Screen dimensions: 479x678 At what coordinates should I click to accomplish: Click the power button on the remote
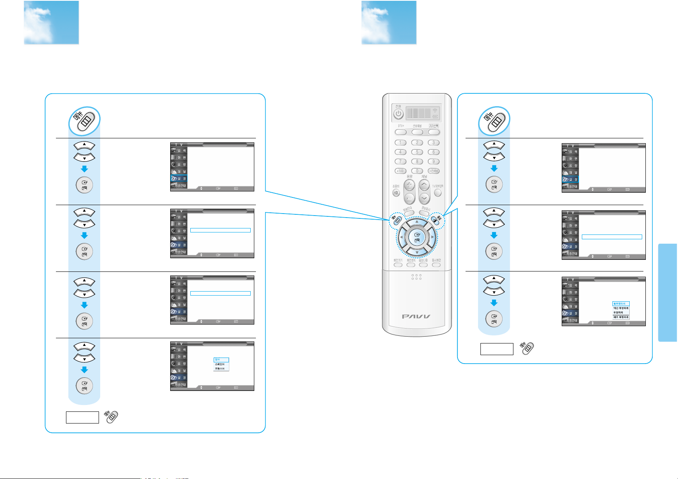tap(398, 114)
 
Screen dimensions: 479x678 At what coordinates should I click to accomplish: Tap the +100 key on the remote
tap(400, 171)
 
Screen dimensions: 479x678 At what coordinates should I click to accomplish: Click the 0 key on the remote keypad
tap(417, 171)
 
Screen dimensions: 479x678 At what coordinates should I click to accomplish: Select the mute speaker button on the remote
tap(396, 193)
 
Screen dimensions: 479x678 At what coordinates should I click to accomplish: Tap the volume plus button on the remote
tap(409, 185)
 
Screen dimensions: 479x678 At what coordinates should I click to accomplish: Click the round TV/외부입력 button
tap(438, 193)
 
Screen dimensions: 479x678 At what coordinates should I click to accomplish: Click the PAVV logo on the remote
tap(416, 317)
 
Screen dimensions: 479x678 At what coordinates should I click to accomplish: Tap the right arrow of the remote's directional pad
tap(433, 237)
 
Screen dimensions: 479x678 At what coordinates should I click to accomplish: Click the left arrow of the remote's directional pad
tap(401, 237)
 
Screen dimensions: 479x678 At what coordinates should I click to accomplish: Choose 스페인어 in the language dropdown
tap(221, 364)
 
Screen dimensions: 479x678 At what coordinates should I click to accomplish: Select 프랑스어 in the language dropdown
tap(221, 368)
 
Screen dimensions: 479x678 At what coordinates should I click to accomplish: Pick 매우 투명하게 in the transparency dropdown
tap(621, 317)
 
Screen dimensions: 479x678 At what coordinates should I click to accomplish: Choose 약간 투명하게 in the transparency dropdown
tap(621, 308)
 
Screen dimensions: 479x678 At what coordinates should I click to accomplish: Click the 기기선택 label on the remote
tap(433, 126)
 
